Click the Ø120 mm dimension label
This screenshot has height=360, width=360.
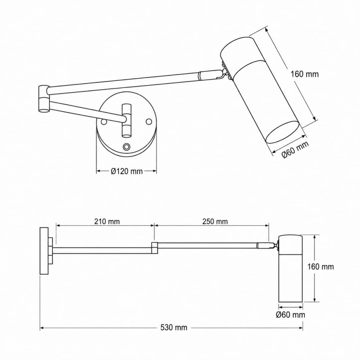pos(126,171)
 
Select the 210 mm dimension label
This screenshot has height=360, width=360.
pos(107,221)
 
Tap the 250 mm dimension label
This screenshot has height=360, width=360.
pos(215,221)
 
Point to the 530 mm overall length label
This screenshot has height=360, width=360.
pos(174,327)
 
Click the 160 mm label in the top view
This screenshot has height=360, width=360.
pos(305,74)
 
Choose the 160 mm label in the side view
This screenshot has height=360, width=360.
pos(320,267)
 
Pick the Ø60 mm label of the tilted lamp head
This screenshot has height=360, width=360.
pos(296,150)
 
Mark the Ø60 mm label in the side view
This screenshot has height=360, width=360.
pos(291,315)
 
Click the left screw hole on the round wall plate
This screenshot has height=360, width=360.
pos(104,122)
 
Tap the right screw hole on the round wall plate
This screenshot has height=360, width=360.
pos(149,121)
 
